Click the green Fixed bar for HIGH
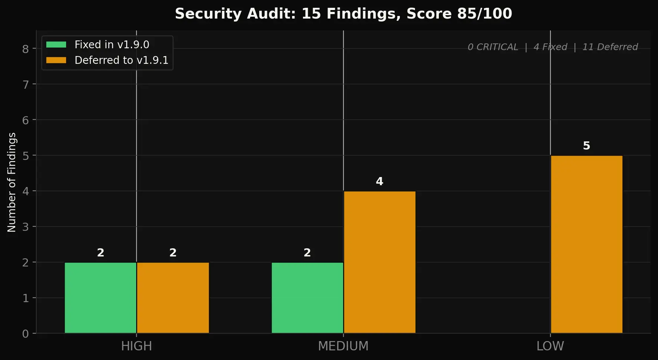101,298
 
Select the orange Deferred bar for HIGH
173,298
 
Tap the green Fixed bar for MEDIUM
307,298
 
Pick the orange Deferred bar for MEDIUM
379,262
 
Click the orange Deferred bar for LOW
586,244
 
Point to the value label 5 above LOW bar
586,146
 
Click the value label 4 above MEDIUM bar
379,181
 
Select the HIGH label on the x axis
136,346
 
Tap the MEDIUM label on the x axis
343,346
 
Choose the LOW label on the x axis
550,346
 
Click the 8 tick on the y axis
25,49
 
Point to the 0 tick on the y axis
25,334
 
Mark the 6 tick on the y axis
25,120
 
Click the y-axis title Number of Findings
12,182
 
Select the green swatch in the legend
56,45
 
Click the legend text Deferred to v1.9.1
121,60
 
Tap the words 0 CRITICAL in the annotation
493,47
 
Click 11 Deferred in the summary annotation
610,47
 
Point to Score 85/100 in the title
459,14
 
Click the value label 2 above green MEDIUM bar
307,253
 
